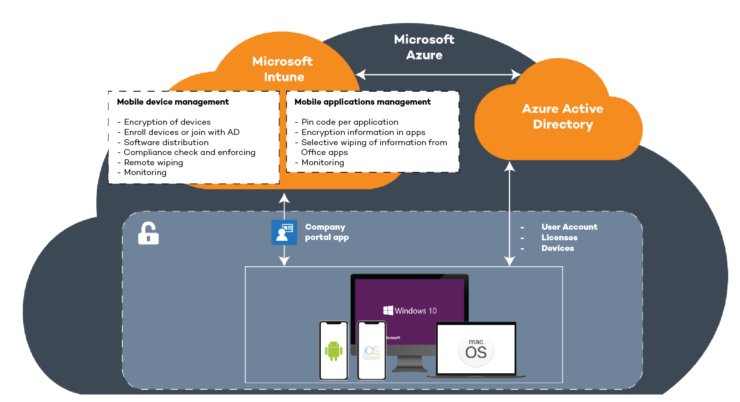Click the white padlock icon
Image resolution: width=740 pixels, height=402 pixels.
(x=148, y=234)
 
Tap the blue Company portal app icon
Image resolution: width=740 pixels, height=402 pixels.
(x=284, y=232)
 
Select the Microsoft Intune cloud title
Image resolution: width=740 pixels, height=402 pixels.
(x=283, y=69)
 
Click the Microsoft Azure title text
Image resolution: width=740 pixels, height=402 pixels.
(x=424, y=47)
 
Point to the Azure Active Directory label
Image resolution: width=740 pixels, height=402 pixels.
(x=562, y=116)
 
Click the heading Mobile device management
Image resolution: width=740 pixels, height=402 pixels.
(x=173, y=102)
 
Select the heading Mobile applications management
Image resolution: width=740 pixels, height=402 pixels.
(x=363, y=102)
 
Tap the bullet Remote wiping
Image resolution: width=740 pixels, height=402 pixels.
(x=153, y=162)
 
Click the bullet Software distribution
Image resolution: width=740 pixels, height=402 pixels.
(x=166, y=142)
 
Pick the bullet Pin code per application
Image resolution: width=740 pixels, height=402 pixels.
(x=350, y=122)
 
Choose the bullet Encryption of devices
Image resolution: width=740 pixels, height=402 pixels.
(x=167, y=122)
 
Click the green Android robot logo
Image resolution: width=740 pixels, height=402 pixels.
(x=333, y=350)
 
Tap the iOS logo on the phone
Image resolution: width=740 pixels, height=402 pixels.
(x=371, y=350)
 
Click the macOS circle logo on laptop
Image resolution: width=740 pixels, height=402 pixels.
(x=476, y=350)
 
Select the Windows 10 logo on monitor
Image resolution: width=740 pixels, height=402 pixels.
(x=410, y=311)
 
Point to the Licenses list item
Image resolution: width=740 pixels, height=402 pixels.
(x=559, y=238)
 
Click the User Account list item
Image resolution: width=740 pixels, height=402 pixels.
(x=569, y=227)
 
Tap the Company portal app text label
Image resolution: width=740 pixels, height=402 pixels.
(x=326, y=232)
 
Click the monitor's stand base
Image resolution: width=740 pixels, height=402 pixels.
(x=409, y=369)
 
